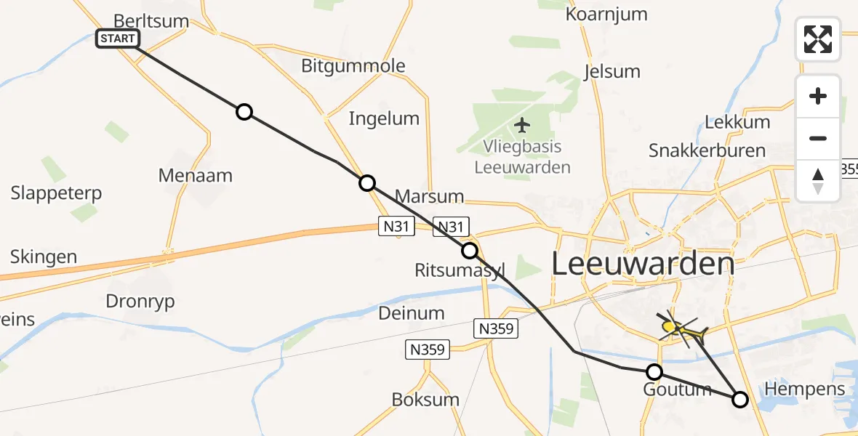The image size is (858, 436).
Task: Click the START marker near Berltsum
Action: pos(118,39)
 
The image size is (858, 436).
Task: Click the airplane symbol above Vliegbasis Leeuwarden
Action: pos(522,125)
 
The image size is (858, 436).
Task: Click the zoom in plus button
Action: pos(818,96)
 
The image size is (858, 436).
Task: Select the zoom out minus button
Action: pos(818,138)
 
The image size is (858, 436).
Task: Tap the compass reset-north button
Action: pos(818,181)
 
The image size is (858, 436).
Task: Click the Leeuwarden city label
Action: pos(642,264)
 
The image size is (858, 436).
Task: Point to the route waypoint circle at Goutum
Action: pos(654,372)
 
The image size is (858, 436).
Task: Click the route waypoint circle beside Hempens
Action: pos(740,399)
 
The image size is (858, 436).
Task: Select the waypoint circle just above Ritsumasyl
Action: pos(470,251)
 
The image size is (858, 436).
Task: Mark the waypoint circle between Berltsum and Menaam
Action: pos(244,112)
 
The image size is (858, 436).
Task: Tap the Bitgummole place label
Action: pos(353,66)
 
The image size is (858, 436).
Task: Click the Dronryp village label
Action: pos(140,302)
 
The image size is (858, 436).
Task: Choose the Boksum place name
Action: pos(425,399)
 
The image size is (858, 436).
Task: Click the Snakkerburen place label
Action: pos(707,150)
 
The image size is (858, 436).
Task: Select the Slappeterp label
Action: pos(56,193)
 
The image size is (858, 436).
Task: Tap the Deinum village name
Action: pos(411,313)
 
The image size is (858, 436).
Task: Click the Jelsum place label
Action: pos(612,71)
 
